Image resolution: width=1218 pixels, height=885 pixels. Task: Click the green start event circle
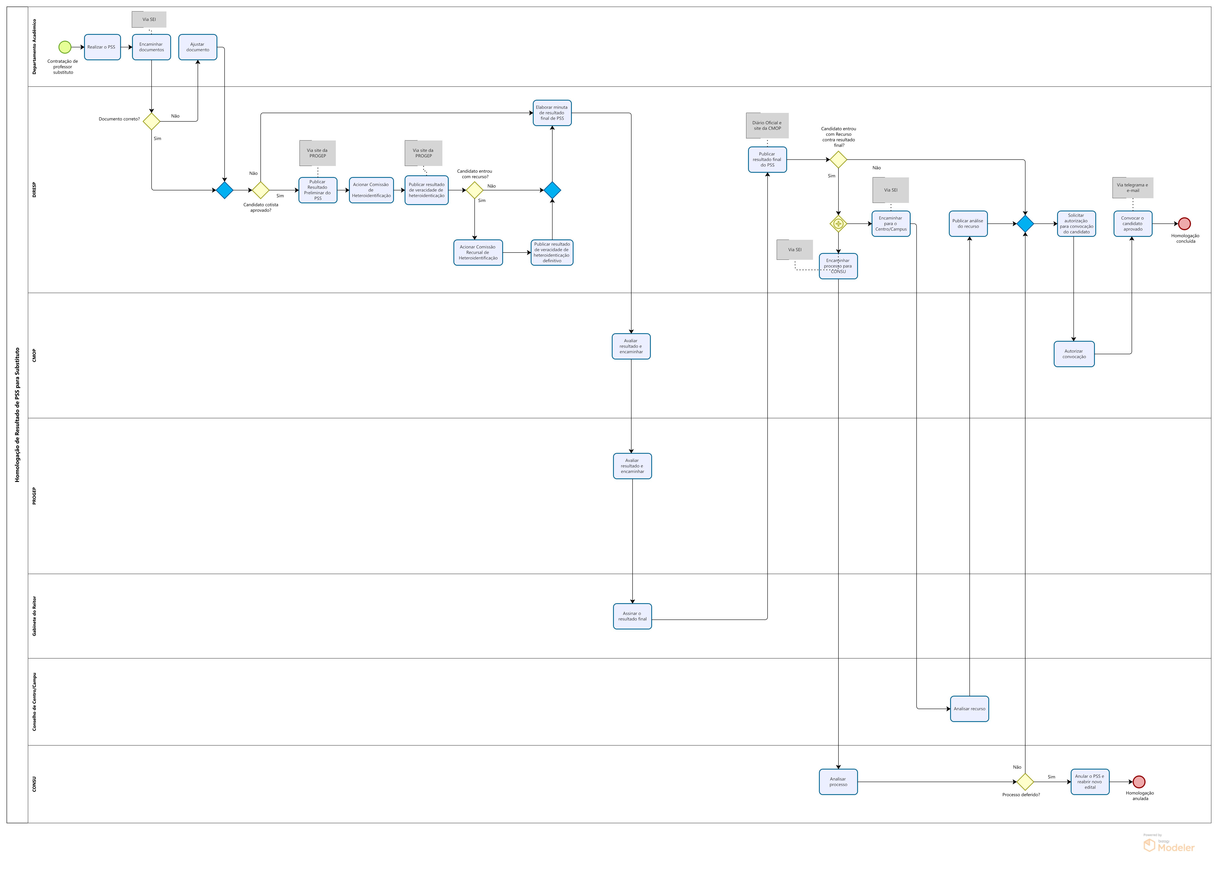pyautogui.click(x=65, y=47)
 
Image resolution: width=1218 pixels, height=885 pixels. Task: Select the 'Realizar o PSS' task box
pyautogui.click(x=102, y=47)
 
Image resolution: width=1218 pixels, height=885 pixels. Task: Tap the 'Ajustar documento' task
pyautogui.click(x=198, y=47)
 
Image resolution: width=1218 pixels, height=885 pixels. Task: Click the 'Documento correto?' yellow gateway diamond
pyautogui.click(x=151, y=121)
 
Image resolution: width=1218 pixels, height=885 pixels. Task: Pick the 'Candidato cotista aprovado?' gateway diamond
pyautogui.click(x=260, y=190)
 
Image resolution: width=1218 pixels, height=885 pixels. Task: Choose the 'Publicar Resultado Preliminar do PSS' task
pyautogui.click(x=318, y=190)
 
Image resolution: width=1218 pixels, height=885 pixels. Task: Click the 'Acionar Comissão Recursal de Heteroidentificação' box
pyautogui.click(x=478, y=252)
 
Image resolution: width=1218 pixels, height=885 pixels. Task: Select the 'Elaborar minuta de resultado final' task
pyautogui.click(x=552, y=113)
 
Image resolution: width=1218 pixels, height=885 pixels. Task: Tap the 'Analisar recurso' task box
pyautogui.click(x=969, y=709)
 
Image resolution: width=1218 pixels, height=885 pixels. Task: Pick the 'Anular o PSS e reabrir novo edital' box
pyautogui.click(x=1090, y=782)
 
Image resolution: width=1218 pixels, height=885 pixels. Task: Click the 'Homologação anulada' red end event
pyautogui.click(x=1139, y=782)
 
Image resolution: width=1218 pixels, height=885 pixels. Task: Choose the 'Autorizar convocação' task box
pyautogui.click(x=1074, y=354)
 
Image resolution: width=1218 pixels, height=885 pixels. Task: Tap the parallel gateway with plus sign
pyautogui.click(x=838, y=224)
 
